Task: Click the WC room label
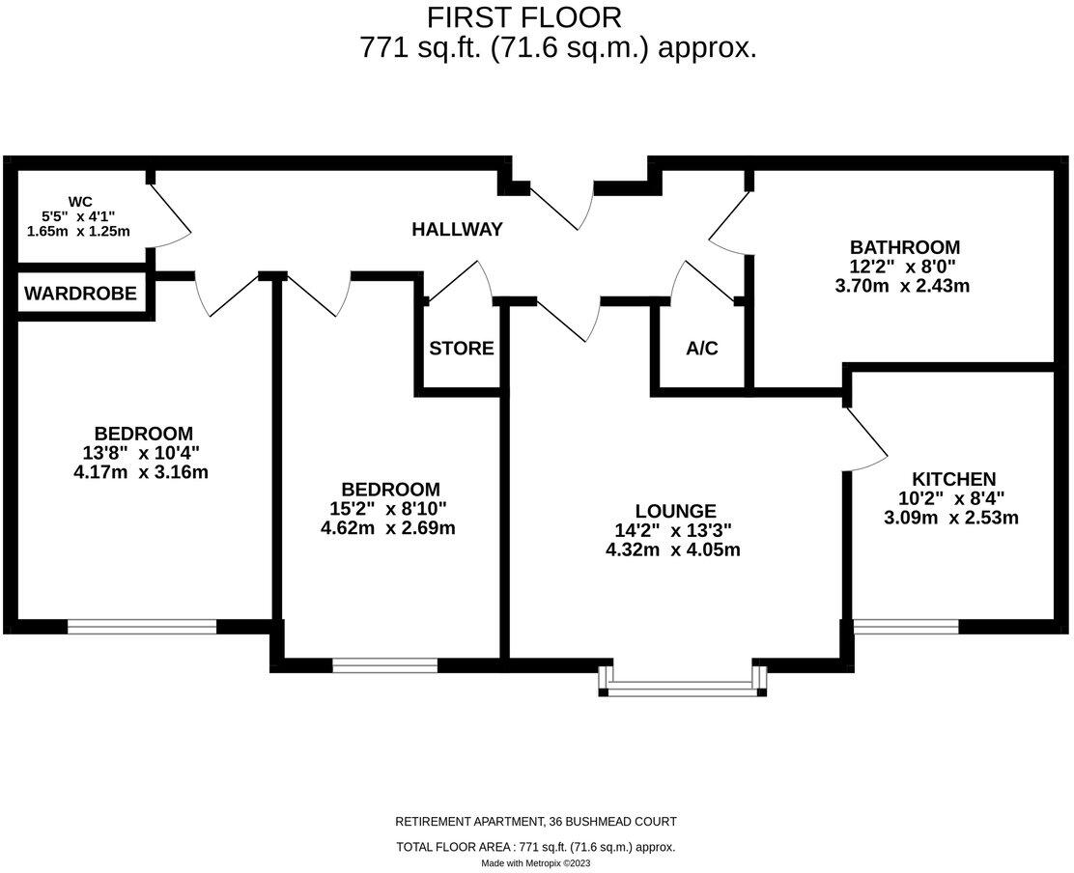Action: click(x=80, y=201)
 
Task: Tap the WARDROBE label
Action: click(x=80, y=293)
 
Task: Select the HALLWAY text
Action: click(x=457, y=230)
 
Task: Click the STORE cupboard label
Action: click(x=461, y=349)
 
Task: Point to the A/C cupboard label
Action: click(x=702, y=349)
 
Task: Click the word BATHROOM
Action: click(x=904, y=246)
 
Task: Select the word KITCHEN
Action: click(x=953, y=479)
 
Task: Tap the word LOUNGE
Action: click(x=675, y=511)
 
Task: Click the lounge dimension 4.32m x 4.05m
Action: click(x=675, y=550)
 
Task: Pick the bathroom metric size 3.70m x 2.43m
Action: click(x=904, y=286)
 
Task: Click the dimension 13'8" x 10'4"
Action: click(x=142, y=453)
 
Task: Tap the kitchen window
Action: click(x=906, y=627)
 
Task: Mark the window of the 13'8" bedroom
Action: click(x=142, y=627)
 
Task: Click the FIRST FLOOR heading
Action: click(x=524, y=16)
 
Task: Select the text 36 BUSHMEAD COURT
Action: click(x=612, y=822)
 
